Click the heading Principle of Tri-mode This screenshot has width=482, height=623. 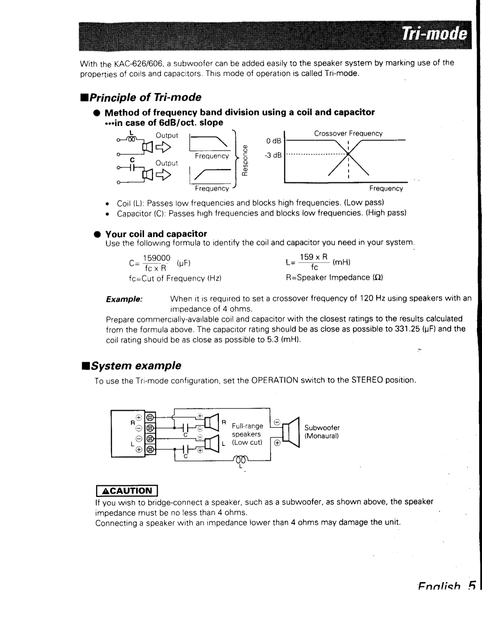[x=141, y=97]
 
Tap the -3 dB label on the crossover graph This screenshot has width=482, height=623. [x=273, y=156]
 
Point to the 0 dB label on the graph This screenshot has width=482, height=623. [x=273, y=141]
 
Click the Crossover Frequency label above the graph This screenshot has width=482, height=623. [x=348, y=134]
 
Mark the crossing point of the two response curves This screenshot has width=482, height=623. [x=348, y=154]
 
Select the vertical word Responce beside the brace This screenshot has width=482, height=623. [x=245, y=160]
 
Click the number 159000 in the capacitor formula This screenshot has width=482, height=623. [x=156, y=258]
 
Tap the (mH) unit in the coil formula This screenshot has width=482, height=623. [x=341, y=262]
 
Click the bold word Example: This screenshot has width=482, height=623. [x=124, y=299]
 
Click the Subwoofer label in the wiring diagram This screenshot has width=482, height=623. [x=322, y=428]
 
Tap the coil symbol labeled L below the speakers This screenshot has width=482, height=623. [x=240, y=459]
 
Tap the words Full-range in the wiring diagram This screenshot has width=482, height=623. [x=247, y=426]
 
